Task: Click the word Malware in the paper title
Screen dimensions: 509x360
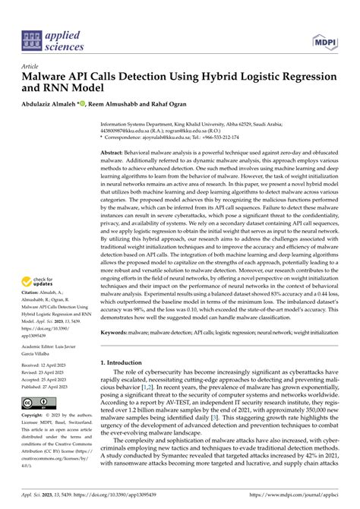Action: tap(47, 77)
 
